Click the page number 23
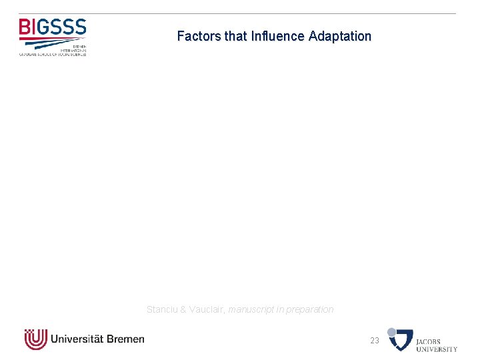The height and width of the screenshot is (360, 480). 375,341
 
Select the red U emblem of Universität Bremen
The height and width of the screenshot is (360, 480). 35,339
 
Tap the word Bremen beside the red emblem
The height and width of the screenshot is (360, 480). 125,339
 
